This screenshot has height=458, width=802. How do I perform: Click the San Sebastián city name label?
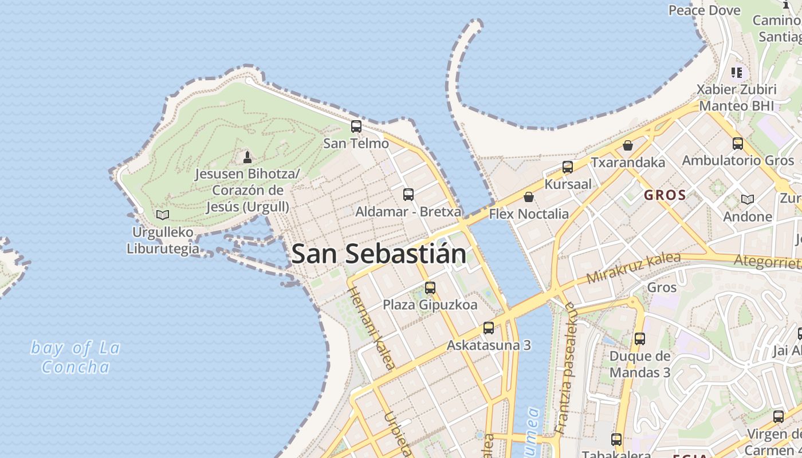tap(379, 254)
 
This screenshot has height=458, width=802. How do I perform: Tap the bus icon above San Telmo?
tap(356, 127)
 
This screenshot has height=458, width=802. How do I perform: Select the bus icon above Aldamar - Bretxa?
tap(408, 195)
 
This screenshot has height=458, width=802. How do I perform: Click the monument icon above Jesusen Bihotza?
tap(247, 156)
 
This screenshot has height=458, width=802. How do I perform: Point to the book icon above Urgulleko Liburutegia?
tap(163, 215)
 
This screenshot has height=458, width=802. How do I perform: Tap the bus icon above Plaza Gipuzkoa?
tap(430, 288)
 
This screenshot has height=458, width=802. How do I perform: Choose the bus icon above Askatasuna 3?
tap(489, 328)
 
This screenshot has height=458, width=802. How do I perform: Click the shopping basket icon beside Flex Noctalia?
tap(529, 197)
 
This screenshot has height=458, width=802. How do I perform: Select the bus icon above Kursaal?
tap(568, 167)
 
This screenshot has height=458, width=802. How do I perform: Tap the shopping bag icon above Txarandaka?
tap(628, 145)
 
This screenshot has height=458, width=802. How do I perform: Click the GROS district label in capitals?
tap(665, 195)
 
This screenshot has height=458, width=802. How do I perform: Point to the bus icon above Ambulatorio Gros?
tap(738, 144)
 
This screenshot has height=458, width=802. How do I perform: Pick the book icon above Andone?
tap(748, 200)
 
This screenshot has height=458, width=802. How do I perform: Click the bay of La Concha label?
tap(75, 357)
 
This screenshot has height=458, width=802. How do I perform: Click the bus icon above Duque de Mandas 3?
tap(640, 339)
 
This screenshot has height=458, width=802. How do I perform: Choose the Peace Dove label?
tap(705, 10)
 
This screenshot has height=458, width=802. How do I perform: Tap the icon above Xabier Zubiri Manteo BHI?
tap(737, 73)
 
